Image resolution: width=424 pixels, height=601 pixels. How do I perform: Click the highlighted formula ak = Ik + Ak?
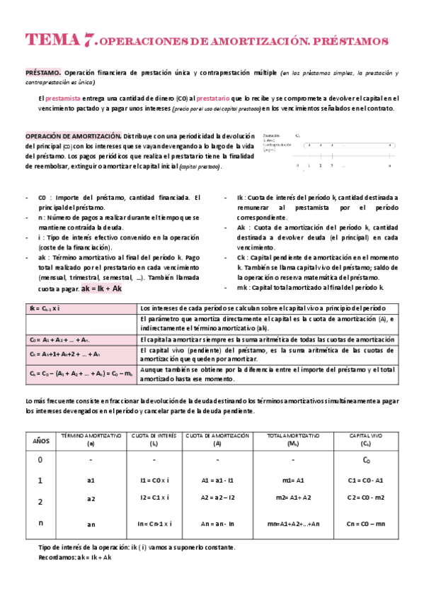[x=102, y=289]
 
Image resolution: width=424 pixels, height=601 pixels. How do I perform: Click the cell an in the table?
[x=91, y=524]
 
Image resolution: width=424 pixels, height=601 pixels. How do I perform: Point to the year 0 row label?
[x=40, y=460]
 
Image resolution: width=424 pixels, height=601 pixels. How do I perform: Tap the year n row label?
[x=40, y=523]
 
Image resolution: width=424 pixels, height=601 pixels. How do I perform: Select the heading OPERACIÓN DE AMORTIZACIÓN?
[x=74, y=135]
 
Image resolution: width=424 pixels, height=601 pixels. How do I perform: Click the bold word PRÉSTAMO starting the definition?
[x=42, y=72]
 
